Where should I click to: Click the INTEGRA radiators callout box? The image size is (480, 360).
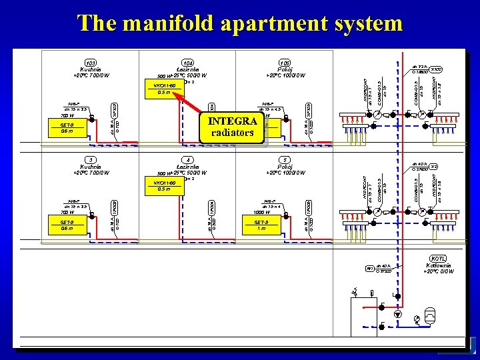232,127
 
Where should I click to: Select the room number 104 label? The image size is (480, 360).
189,63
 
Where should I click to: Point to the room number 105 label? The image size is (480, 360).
285,63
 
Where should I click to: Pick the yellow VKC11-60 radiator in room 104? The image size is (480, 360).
164,89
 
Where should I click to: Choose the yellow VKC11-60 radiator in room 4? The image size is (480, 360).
164,186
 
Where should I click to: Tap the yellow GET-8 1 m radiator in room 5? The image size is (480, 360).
261,225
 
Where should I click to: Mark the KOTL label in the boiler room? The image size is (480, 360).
438,258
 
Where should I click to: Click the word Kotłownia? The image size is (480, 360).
438,265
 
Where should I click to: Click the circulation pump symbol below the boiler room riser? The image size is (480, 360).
398,313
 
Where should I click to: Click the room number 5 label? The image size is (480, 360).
285,159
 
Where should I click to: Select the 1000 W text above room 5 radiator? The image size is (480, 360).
263,213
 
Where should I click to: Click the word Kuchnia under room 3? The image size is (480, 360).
91,167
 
